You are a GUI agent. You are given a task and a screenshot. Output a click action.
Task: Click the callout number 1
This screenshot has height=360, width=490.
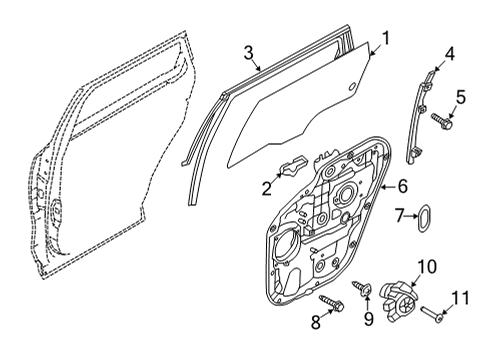click(x=385, y=38)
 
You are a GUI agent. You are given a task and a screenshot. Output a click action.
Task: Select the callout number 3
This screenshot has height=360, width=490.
click(x=249, y=53)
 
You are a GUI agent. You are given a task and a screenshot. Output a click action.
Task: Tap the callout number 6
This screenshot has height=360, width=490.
click(x=403, y=186)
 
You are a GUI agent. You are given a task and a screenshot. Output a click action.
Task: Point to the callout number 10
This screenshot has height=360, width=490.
click(x=427, y=267)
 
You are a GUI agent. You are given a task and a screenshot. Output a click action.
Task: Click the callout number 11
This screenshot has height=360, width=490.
click(x=460, y=298)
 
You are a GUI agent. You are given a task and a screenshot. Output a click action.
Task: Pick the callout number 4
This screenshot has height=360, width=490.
click(x=450, y=54)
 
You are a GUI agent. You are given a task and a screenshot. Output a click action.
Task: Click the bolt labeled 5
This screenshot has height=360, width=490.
click(x=442, y=121)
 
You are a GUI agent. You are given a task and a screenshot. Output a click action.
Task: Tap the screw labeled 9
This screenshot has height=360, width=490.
click(x=362, y=288)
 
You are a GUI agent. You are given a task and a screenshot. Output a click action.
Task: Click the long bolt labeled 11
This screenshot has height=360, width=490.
click(x=433, y=315)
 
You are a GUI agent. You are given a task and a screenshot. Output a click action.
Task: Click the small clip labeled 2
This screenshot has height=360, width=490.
click(x=293, y=165)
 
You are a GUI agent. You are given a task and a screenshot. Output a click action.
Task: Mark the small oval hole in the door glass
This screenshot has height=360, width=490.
click(x=352, y=87)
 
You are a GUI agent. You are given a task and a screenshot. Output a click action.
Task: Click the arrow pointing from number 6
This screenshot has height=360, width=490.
click(x=388, y=187)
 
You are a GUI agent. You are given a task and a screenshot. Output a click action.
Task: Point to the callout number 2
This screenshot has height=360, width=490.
click(x=267, y=189)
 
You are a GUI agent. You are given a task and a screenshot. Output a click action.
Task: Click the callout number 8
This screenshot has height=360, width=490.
click(x=316, y=322)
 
